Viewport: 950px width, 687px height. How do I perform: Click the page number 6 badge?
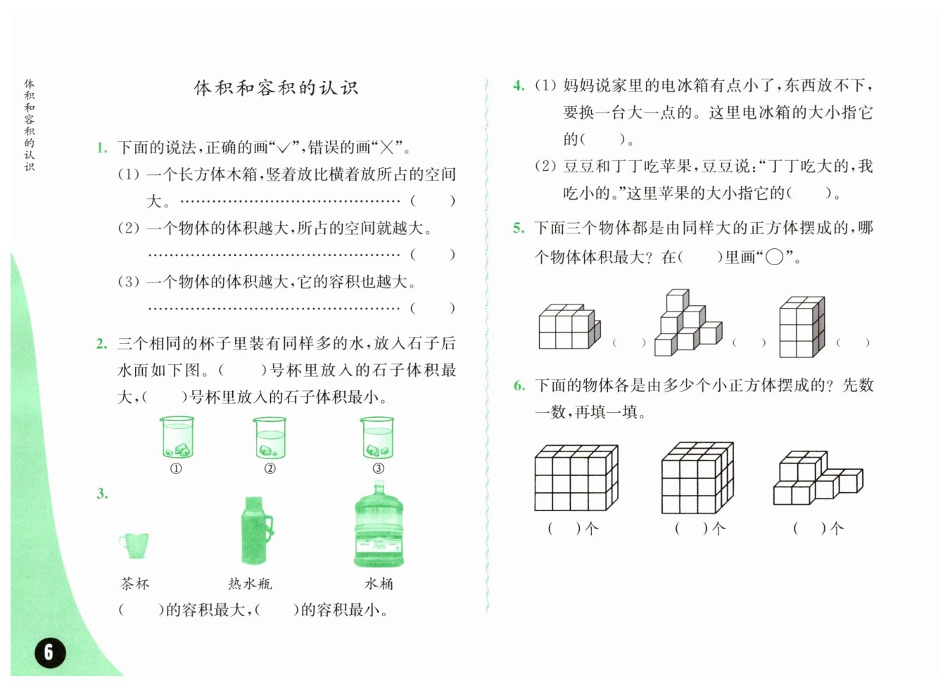49,652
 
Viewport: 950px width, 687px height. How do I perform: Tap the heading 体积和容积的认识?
276,88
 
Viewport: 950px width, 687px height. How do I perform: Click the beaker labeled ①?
177,437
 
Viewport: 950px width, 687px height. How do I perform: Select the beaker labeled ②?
270,437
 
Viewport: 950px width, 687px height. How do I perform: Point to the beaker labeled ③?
377,437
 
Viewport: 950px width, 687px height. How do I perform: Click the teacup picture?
134,544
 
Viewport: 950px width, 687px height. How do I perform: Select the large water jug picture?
379,525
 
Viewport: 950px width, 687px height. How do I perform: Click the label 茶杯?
134,584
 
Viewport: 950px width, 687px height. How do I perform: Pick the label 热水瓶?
250,584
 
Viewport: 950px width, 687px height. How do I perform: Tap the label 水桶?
379,584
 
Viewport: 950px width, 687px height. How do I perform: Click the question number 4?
519,86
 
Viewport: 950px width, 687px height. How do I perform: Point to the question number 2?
102,344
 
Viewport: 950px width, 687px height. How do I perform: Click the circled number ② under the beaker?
270,468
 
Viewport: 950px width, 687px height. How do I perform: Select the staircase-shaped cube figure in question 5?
688,323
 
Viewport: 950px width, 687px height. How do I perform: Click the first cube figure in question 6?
576,477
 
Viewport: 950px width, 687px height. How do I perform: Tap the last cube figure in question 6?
817,478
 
